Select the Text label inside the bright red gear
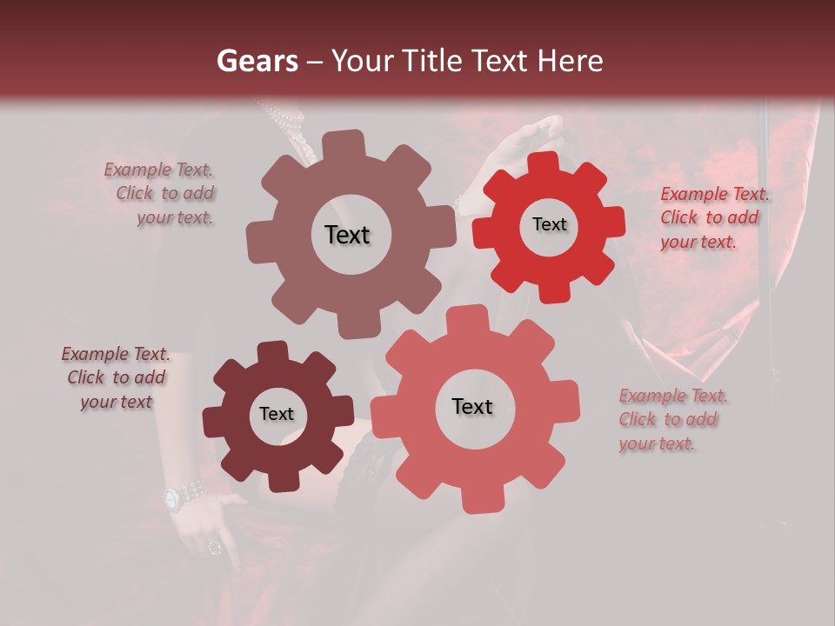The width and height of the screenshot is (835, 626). pos(549,224)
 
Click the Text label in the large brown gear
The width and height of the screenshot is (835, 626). pos(347,235)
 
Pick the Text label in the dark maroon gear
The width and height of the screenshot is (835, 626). pos(277,414)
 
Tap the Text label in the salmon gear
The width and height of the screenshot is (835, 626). pos(472,406)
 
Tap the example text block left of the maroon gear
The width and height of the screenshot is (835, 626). pos(117,378)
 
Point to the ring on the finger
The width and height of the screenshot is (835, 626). pos(214,547)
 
